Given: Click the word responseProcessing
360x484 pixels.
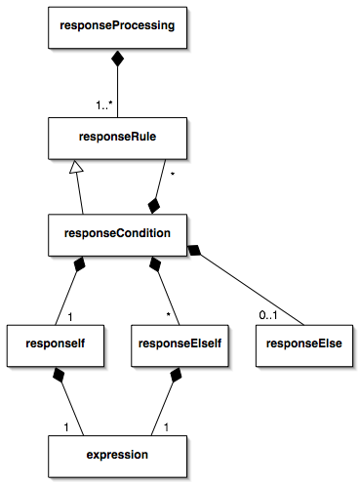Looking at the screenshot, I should [x=117, y=26].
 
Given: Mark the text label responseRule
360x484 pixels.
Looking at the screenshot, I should [x=117, y=138].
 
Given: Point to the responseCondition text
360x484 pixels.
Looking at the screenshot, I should [x=117, y=234].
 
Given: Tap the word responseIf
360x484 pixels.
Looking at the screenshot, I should [x=55, y=344].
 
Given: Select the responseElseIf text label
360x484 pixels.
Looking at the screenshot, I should [x=180, y=344].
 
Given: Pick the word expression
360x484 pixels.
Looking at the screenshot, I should [x=117, y=455].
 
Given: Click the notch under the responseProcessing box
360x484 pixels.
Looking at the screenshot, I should [x=117, y=52].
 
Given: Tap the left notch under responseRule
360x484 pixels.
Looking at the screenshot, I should [x=76, y=163].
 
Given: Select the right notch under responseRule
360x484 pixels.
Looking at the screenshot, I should [x=164, y=163].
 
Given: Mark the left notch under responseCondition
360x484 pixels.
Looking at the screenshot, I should [x=84, y=260].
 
